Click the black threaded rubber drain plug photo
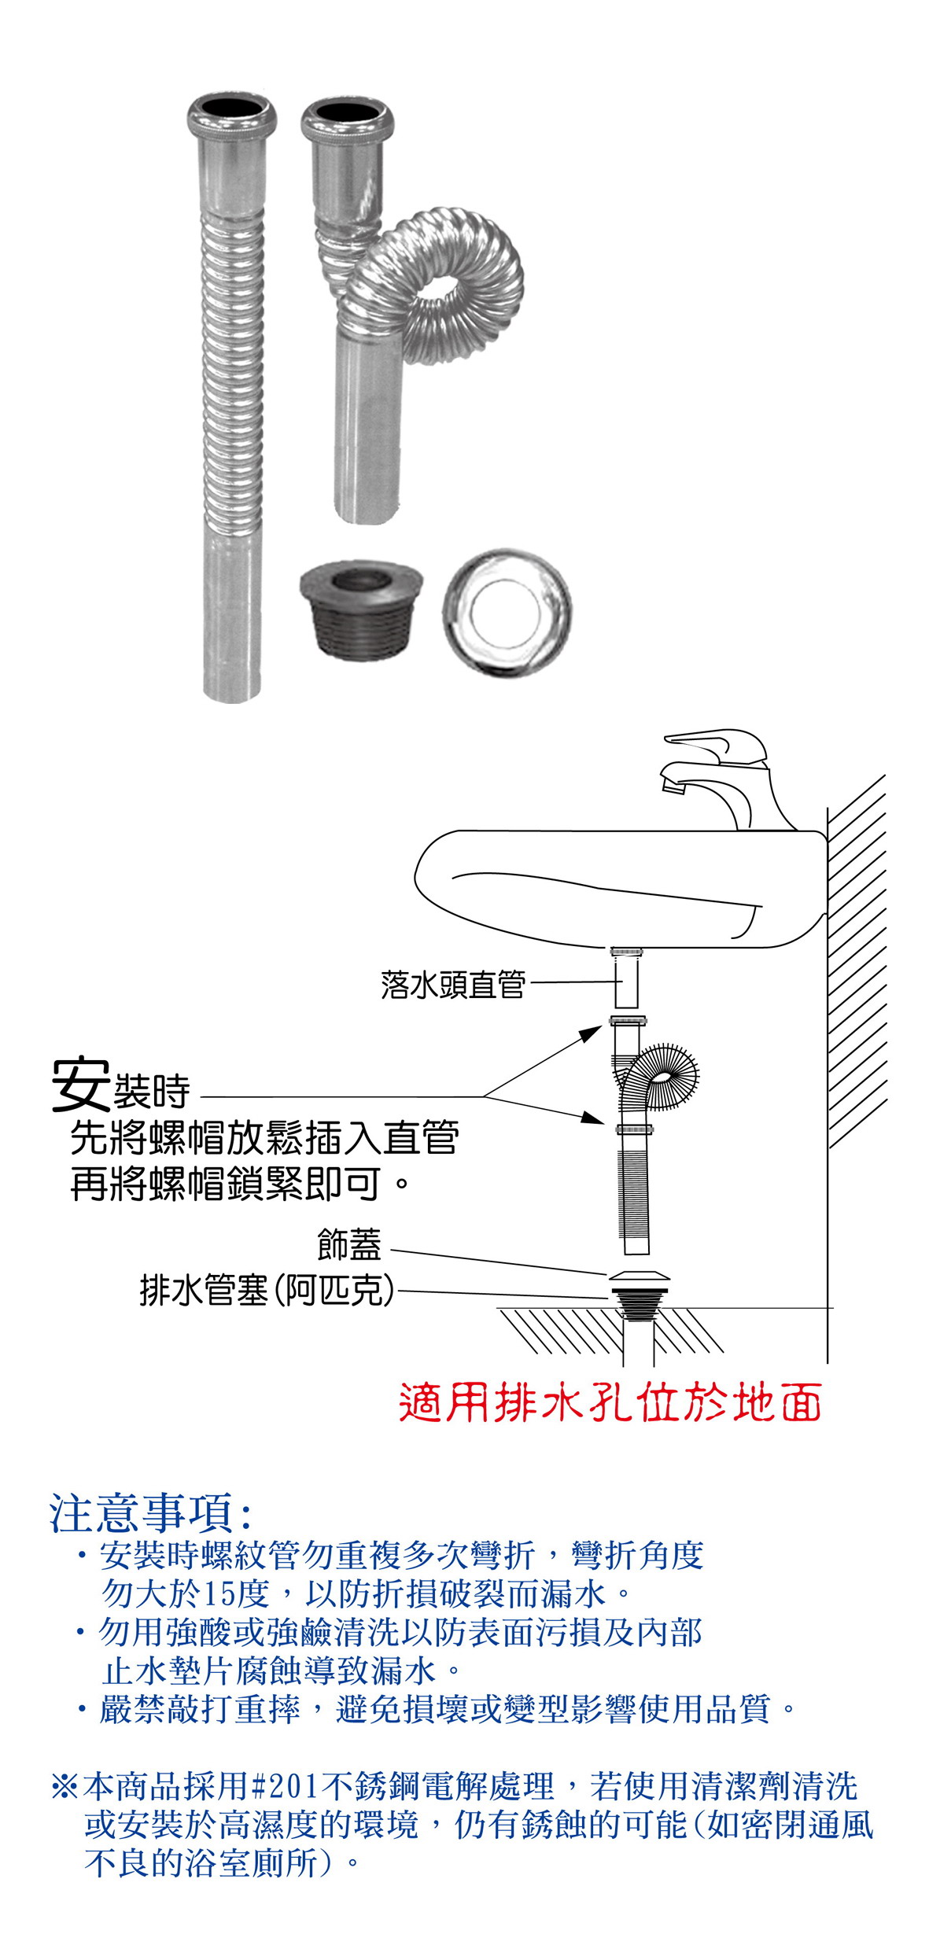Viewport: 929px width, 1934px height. coord(361,607)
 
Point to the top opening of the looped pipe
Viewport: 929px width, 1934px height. coord(347,116)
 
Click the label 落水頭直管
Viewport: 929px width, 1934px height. coord(452,984)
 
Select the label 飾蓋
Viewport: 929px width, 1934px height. coord(349,1244)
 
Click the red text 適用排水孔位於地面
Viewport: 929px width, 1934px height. coord(610,1403)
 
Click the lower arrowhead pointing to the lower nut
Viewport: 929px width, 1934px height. coord(592,1117)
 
